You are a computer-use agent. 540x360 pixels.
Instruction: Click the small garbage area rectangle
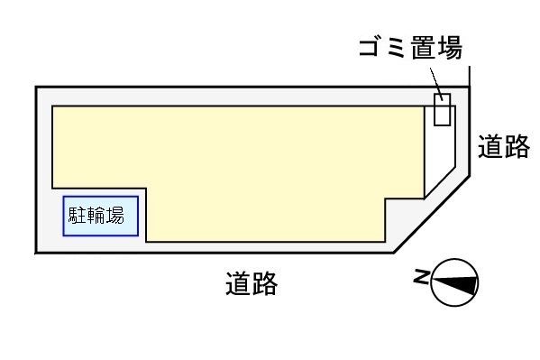point(443,109)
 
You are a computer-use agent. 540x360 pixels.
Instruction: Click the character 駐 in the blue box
point(78,217)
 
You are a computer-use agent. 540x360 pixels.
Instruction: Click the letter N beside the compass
point(420,278)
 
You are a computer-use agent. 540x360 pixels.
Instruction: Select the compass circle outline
point(454,263)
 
